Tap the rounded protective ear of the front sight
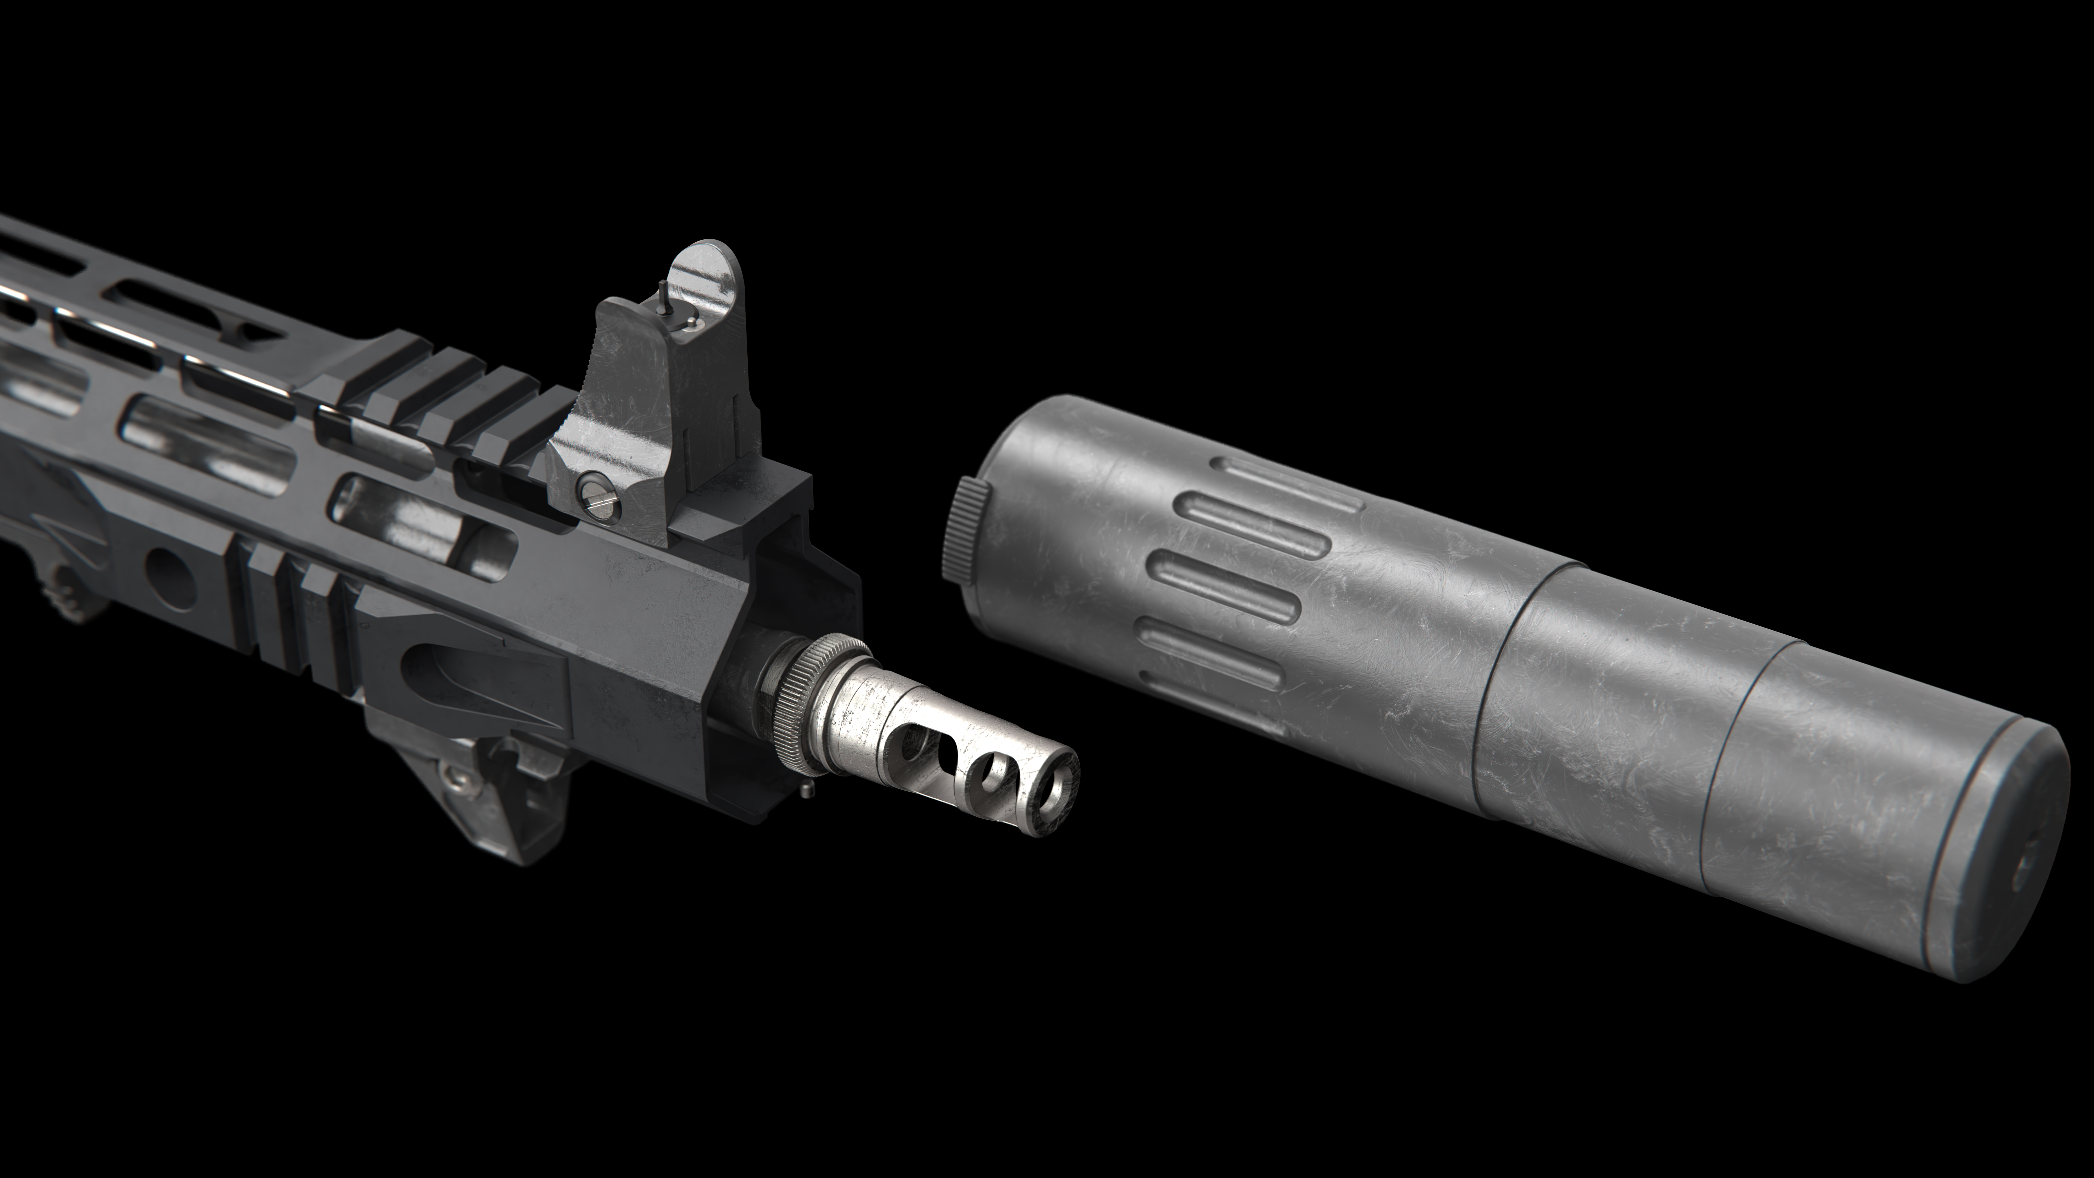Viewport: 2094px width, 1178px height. tap(706, 281)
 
